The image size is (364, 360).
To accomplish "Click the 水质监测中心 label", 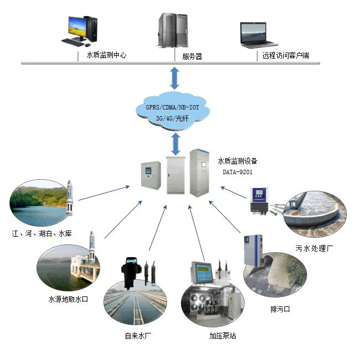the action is click(107, 55).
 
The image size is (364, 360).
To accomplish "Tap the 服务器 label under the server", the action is click(192, 56).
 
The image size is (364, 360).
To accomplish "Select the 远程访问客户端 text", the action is click(286, 55).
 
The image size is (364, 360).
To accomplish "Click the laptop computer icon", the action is click(258, 35).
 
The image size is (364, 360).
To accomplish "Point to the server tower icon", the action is click(173, 30).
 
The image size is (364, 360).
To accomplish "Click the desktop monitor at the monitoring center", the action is click(77, 29).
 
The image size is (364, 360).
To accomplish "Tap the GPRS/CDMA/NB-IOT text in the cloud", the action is click(173, 107).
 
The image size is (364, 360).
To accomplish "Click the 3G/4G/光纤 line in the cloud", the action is click(172, 118).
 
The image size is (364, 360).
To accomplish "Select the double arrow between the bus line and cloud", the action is click(175, 78).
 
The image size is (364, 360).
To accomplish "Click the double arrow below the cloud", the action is click(175, 144).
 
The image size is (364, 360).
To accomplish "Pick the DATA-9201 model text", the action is click(237, 172).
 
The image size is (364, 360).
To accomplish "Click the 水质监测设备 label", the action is click(237, 161).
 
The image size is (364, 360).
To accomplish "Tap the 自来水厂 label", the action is click(138, 336).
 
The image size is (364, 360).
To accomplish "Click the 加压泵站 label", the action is click(222, 336).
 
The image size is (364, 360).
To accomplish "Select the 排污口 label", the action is click(280, 309).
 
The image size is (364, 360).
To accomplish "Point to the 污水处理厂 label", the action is click(314, 249).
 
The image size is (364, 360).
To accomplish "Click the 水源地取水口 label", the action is click(68, 299).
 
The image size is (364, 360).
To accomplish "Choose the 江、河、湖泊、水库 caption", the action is click(42, 233).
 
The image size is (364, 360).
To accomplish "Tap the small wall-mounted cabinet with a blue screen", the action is click(151, 175).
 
